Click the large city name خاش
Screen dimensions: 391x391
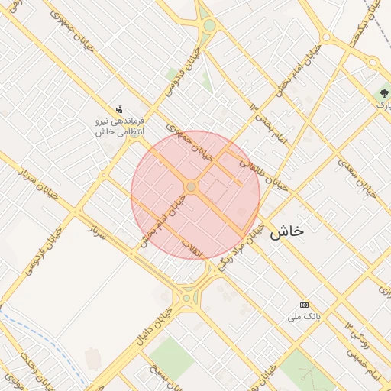coord(286,231)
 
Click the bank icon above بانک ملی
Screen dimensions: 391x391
coord(304,305)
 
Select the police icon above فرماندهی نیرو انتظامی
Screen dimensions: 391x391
coord(118,111)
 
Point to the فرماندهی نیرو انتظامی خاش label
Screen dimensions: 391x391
coord(120,126)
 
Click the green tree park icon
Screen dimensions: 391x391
coord(381,95)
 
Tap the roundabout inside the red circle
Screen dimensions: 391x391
coord(191,187)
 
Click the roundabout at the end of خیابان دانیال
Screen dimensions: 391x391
coord(186,298)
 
